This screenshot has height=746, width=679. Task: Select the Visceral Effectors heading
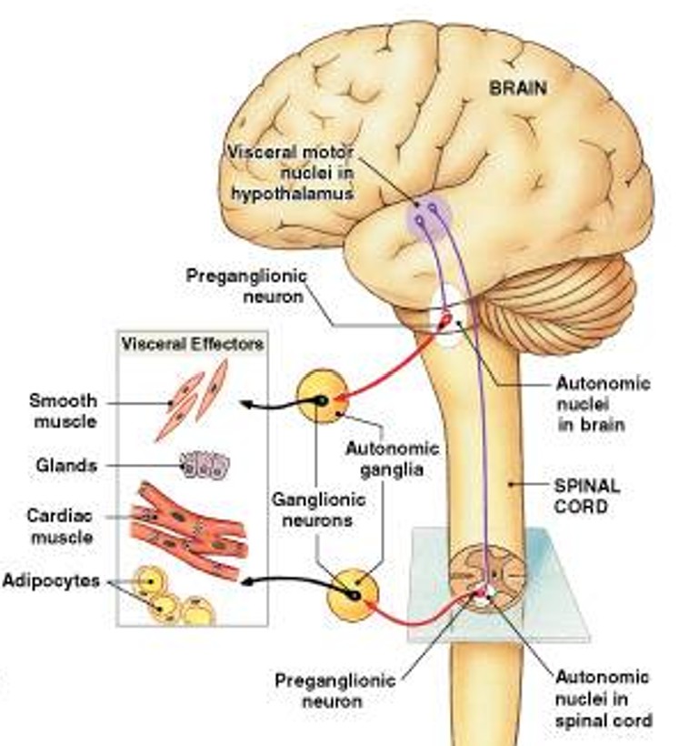[x=192, y=345]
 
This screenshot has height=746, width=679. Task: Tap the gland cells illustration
[x=204, y=466]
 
